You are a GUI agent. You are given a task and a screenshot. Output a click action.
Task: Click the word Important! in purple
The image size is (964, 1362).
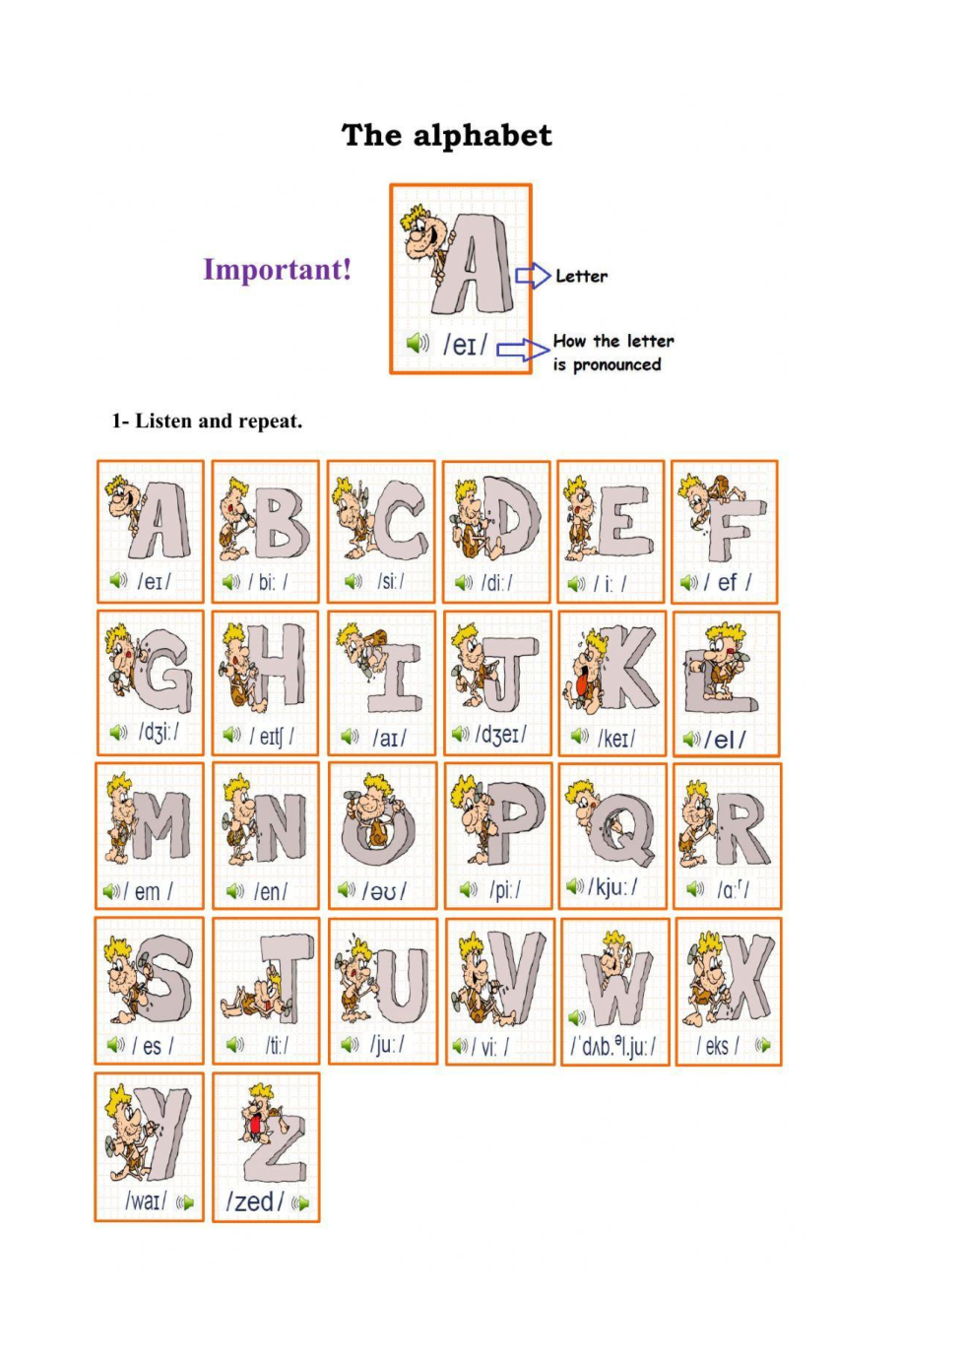click(277, 270)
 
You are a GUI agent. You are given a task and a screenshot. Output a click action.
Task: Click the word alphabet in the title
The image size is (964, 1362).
click(482, 135)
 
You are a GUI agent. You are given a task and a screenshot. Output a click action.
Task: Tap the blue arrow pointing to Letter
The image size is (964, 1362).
click(533, 276)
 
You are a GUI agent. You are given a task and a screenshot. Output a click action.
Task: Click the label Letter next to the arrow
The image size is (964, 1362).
click(582, 276)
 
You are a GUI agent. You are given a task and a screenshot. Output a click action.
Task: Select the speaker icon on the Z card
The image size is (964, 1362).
click(301, 1202)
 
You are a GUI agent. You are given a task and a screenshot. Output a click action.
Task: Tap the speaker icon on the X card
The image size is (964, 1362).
click(763, 1044)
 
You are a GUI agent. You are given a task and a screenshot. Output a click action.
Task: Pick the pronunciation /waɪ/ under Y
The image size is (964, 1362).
click(146, 1200)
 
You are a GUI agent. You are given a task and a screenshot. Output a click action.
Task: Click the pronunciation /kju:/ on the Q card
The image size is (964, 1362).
click(612, 887)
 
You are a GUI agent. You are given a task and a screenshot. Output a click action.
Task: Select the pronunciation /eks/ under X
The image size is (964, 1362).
click(718, 1046)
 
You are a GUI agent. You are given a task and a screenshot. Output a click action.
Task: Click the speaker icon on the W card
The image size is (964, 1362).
click(577, 1016)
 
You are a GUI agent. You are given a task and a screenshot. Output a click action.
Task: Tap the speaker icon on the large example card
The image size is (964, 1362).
click(417, 343)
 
